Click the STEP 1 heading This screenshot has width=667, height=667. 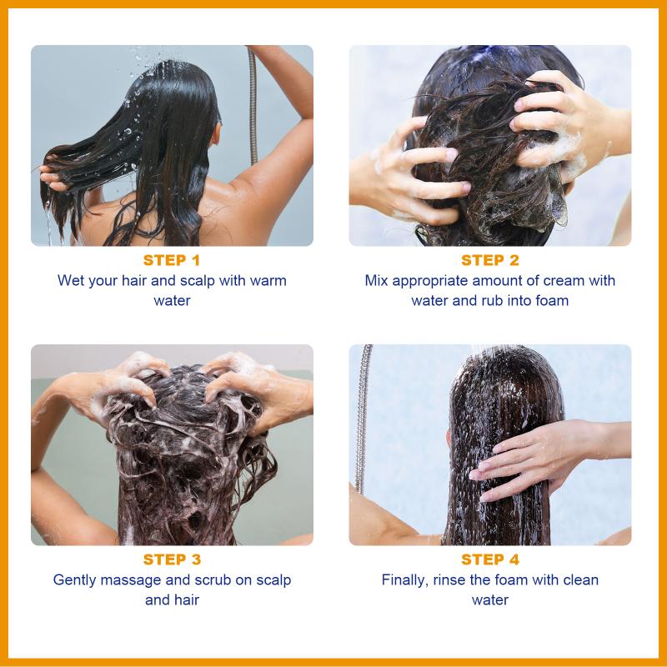(172, 260)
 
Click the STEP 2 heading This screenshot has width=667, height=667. (490, 260)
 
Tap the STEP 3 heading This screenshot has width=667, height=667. (172, 559)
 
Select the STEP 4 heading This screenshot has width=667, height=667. (490, 559)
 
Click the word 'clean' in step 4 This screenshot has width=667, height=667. (580, 579)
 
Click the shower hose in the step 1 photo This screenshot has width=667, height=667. (253, 107)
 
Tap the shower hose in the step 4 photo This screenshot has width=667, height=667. (362, 419)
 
